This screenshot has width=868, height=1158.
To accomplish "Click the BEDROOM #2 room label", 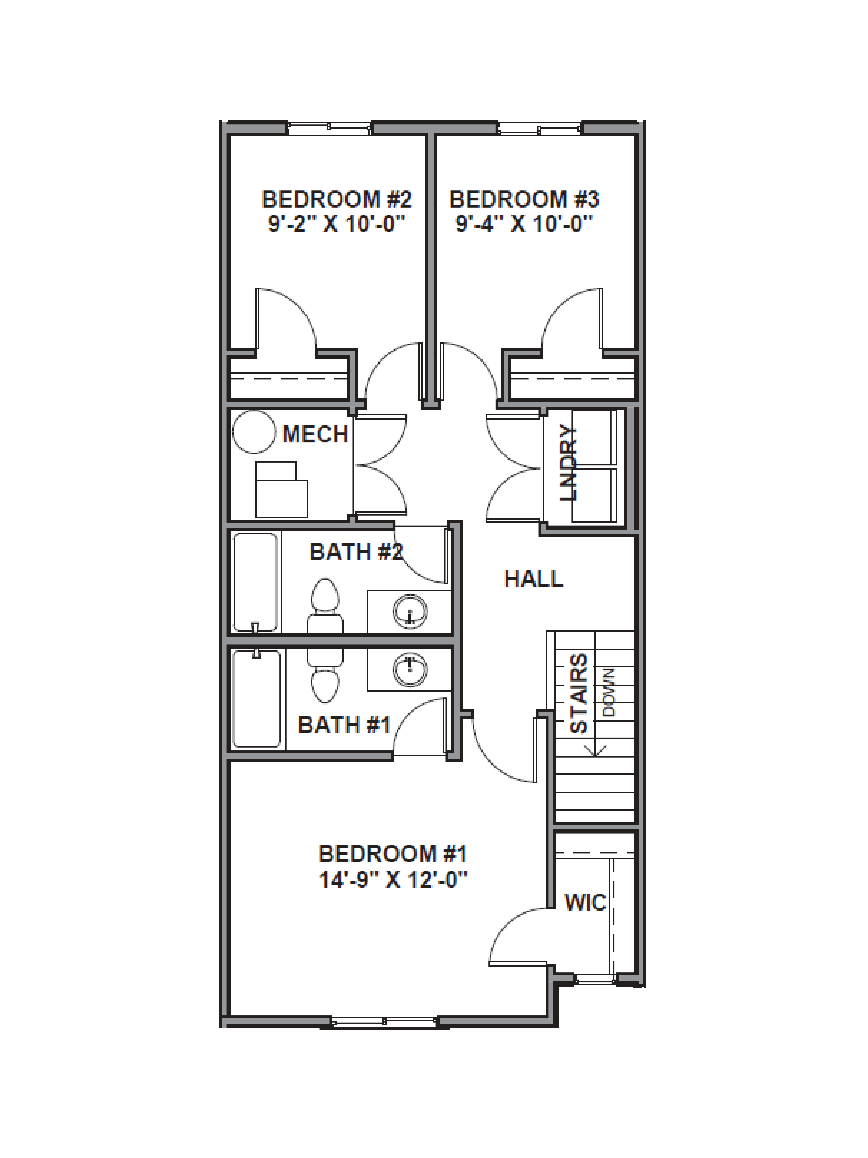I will click(x=336, y=199).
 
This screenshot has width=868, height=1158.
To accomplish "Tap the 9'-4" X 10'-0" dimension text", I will click(x=524, y=224).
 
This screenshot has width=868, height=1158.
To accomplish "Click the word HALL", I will click(x=533, y=579).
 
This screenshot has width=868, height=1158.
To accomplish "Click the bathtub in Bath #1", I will click(x=256, y=698).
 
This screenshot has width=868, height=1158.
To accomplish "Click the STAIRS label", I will click(x=579, y=694).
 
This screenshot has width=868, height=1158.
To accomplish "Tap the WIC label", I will click(x=585, y=902).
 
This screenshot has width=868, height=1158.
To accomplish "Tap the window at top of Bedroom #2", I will click(x=330, y=128).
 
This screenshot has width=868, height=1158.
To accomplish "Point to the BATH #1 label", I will click(x=344, y=725).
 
